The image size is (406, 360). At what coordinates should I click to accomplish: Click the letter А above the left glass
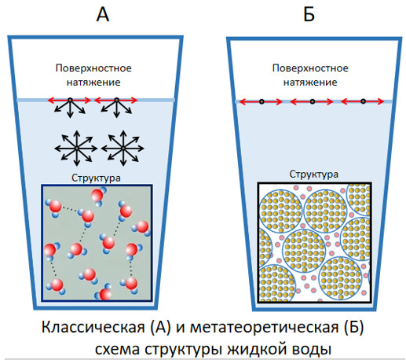tap(103, 14)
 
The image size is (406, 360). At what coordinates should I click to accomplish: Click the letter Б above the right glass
tap(309, 14)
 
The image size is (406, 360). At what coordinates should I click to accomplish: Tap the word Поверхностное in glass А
tap(93, 68)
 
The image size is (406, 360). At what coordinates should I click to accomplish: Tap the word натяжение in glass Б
tap(310, 83)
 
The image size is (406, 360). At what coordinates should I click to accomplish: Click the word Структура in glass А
tap(96, 178)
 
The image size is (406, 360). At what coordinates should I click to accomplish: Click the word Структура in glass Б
tap(313, 174)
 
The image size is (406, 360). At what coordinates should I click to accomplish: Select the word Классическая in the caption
tap(93, 327)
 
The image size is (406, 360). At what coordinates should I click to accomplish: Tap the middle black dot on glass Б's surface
tap(313, 101)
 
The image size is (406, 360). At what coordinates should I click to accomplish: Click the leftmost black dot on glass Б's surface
tap(262, 101)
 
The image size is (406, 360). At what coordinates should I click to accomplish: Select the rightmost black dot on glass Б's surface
tap(363, 101)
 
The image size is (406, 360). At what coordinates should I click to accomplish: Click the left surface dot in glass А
tap(70, 100)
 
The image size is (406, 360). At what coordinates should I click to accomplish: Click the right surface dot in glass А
tap(117, 100)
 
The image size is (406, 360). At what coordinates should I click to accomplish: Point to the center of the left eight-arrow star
tap(76, 149)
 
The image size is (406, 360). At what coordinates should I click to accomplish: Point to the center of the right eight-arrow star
tap(123, 149)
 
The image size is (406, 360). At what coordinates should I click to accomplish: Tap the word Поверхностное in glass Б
tap(310, 68)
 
